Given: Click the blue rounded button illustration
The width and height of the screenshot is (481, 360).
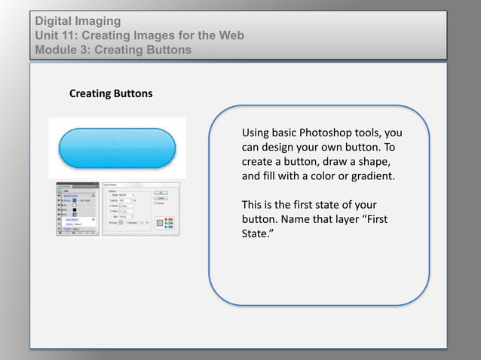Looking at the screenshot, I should tap(117, 147).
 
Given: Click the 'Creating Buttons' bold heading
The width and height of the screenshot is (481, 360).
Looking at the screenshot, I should tap(110, 94).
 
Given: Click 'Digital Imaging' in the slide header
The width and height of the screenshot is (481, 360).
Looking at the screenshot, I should tap(78, 21).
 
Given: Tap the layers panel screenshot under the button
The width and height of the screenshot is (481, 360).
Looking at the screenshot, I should tap(78, 209).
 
